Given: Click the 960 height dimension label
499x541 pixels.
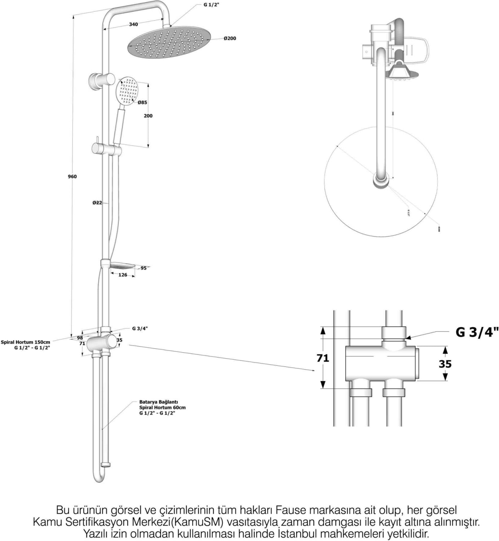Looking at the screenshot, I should coord(72,176).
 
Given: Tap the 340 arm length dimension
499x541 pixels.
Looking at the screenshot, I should coord(133,25).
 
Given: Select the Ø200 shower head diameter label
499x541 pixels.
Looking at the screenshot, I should coord(230,38).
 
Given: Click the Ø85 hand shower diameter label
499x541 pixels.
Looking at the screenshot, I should coord(142,102).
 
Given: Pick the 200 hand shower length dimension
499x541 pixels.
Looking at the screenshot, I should coord(148,116).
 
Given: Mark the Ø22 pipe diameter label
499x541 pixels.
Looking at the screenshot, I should coord(97,203).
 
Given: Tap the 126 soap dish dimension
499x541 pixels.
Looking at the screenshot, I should coord(123,275).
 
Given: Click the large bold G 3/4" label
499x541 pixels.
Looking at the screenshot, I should coord(477,332).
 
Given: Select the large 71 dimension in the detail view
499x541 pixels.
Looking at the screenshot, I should coord(323,358).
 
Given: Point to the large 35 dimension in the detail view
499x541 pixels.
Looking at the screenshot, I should coord(445,364).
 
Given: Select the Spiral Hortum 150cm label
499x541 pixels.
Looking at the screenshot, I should coord(26,342).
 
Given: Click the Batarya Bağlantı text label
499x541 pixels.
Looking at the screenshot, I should coord(159,402).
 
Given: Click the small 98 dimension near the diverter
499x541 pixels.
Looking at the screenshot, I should coord(80,338).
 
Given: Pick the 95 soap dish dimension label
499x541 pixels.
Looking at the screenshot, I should coord(144,268).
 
